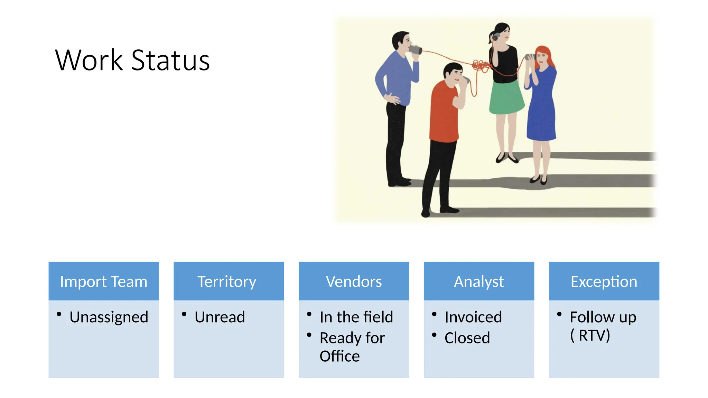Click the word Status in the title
click(170, 60)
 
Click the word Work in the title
click(89, 60)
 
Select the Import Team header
click(103, 281)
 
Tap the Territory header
click(227, 281)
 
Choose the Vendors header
click(354, 281)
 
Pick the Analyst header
click(479, 281)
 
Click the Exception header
click(604, 281)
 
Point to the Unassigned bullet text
click(109, 317)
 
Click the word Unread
click(220, 317)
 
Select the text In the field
click(356, 317)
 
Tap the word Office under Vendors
click(339, 356)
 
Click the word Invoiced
click(473, 317)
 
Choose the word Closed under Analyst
click(467, 338)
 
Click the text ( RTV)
click(590, 335)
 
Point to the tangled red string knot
click(481, 66)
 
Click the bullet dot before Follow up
click(559, 314)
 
